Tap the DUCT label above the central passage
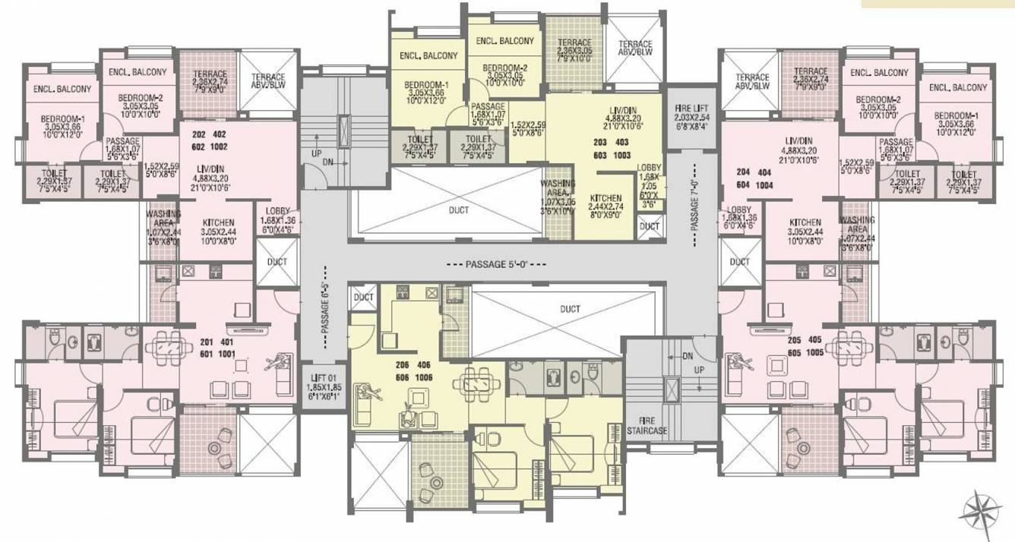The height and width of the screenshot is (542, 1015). point(459,210)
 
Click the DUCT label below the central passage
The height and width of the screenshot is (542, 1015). point(570,309)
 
